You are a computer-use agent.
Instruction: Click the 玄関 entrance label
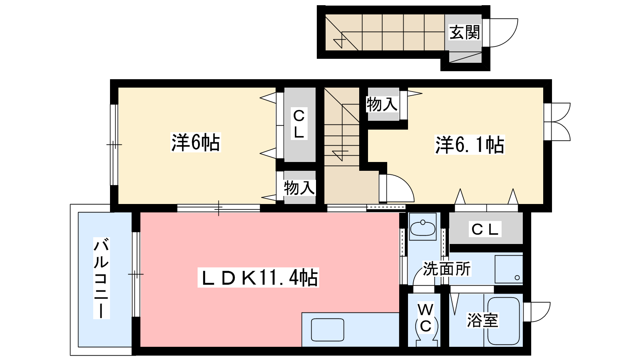click(464, 32)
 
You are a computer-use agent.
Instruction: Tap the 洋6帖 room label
click(196, 142)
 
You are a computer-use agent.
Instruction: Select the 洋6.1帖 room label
click(470, 145)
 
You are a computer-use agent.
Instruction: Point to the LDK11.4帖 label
click(258, 278)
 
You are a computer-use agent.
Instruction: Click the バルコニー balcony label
click(102, 278)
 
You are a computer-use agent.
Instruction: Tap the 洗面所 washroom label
click(446, 268)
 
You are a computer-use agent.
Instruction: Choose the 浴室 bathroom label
click(482, 320)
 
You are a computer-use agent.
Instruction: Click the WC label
click(426, 318)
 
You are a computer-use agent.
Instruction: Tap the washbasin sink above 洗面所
click(423, 228)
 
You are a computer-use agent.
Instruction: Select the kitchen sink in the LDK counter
click(328, 330)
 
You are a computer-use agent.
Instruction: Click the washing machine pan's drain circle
click(517, 278)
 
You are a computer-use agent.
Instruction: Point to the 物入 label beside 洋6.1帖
click(382, 104)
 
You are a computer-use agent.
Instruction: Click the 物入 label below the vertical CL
click(300, 188)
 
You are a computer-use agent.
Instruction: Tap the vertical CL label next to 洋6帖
click(299, 124)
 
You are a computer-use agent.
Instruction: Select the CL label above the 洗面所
click(485, 229)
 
